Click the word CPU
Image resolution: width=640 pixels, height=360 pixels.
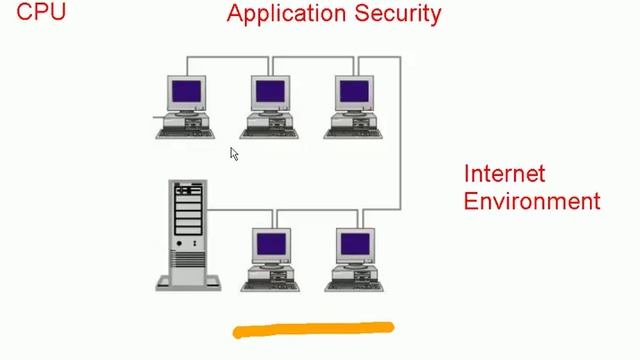pyautogui.click(x=41, y=13)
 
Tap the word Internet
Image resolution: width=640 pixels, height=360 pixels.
pyautogui.click(x=504, y=174)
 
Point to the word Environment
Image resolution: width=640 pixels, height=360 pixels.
pyautogui.click(x=532, y=201)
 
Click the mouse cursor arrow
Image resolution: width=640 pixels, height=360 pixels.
pyautogui.click(x=233, y=153)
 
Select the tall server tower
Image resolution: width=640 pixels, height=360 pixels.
pyautogui.click(x=187, y=234)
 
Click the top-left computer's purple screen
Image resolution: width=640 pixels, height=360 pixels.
pyautogui.click(x=186, y=93)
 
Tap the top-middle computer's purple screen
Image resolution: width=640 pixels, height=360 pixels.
pyautogui.click(x=270, y=93)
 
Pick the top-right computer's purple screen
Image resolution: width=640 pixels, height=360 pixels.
pyautogui.click(x=355, y=93)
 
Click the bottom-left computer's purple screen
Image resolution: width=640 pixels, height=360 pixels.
pyautogui.click(x=270, y=244)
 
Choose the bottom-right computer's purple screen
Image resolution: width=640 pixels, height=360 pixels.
pyautogui.click(x=355, y=244)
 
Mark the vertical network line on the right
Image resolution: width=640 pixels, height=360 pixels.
pyautogui.click(x=401, y=130)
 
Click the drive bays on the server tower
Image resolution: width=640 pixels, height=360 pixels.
pyautogui.click(x=187, y=210)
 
